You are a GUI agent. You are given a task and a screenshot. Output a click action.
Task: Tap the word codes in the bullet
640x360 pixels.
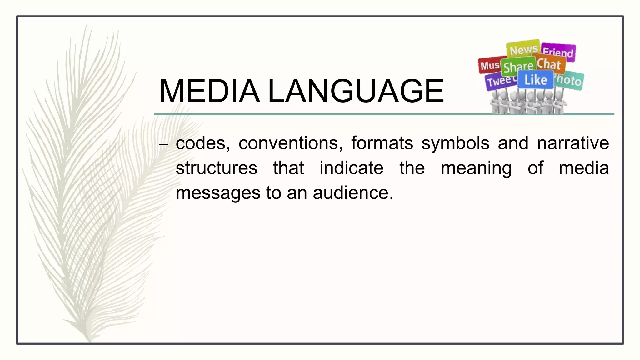point(203,143)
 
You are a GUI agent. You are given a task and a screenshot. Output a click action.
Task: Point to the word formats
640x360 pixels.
point(382,143)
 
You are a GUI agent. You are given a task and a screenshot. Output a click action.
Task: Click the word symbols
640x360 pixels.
point(455,143)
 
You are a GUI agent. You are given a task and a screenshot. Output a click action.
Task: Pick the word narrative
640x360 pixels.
point(573,143)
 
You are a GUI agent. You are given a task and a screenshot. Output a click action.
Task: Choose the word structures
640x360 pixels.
point(217,168)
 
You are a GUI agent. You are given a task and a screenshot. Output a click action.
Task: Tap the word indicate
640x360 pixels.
point(352,168)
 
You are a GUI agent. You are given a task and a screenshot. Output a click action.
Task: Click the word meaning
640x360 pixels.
point(476,168)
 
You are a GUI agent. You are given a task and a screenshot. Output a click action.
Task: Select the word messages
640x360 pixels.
point(218,193)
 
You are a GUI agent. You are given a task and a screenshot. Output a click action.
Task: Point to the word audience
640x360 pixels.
point(353,193)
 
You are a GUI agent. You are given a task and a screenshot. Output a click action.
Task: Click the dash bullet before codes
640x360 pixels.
point(163,144)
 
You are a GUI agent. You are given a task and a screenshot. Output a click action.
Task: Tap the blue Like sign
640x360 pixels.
point(535,80)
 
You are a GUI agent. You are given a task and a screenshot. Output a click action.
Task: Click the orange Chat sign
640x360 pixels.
point(549,64)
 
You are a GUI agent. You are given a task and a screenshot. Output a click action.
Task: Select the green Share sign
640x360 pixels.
point(518,66)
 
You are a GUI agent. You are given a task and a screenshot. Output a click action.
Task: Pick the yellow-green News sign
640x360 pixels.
point(523,49)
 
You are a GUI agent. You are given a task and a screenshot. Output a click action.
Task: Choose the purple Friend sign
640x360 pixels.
point(558,52)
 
